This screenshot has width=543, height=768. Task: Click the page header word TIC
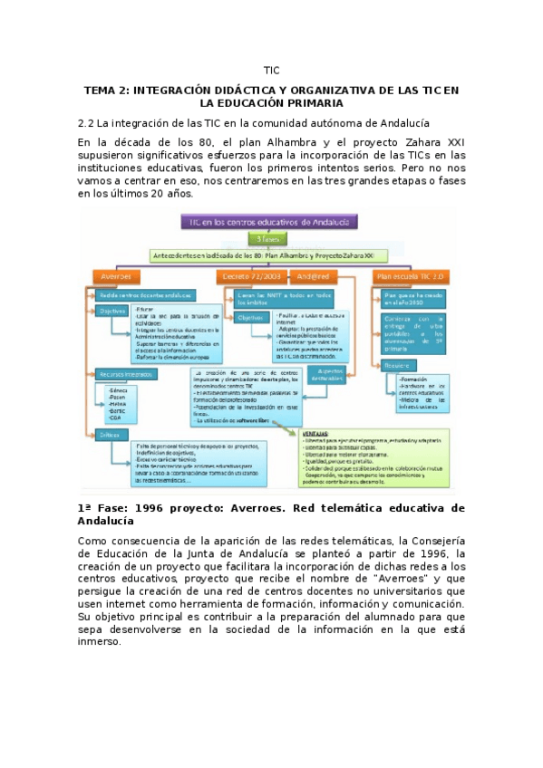[271, 70]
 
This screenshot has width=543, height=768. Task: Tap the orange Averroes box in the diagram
[115, 275]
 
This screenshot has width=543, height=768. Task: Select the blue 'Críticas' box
[111, 435]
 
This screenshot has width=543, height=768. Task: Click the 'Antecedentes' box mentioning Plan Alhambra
[268, 256]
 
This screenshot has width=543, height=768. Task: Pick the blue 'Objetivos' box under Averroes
[113, 311]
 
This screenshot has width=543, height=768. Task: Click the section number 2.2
[86, 122]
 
